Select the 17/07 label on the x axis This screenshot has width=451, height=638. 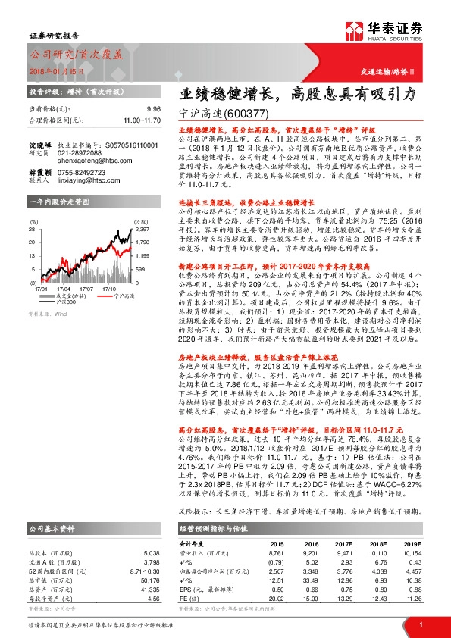coord(86,289)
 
